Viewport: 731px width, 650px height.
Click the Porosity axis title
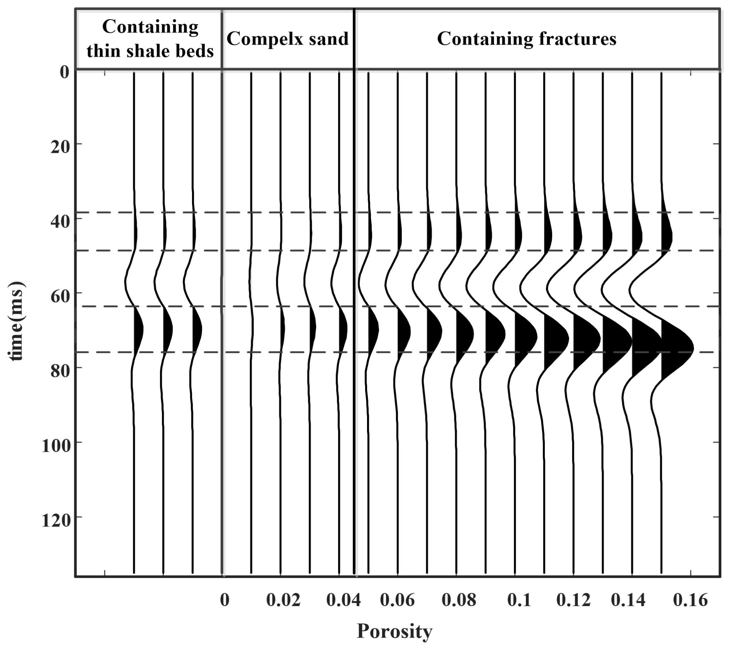click(394, 632)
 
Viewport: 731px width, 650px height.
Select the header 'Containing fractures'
click(526, 39)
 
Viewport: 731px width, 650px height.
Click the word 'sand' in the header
click(331, 39)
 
